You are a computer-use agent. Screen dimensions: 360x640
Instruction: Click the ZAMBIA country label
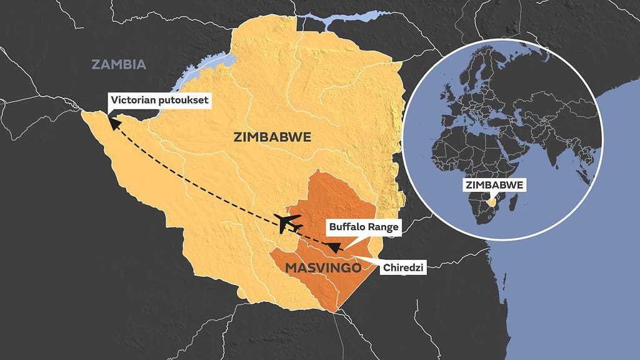(x=118, y=64)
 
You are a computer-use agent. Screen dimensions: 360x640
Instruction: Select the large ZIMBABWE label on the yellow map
(x=272, y=138)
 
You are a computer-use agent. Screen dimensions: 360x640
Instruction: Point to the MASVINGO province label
(x=323, y=268)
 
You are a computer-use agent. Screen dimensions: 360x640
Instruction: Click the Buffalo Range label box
(x=363, y=227)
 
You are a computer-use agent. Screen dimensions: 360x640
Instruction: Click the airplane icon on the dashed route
(x=288, y=223)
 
